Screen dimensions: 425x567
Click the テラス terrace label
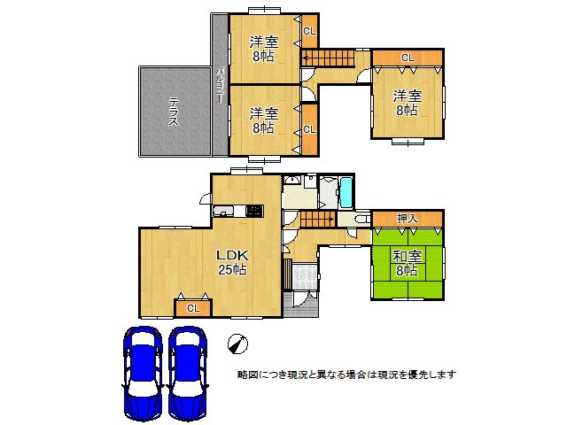(x=174, y=112)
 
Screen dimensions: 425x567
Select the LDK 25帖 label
(x=232, y=261)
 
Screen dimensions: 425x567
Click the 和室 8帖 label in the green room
(x=408, y=263)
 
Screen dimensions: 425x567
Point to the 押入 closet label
(x=407, y=218)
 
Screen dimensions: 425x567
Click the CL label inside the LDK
(x=193, y=308)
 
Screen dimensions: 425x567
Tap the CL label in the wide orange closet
(x=407, y=58)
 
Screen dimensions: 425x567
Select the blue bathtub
(x=346, y=191)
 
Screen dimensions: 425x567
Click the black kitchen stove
(x=254, y=211)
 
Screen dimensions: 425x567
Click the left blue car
(x=142, y=372)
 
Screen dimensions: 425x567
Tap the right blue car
(x=188, y=372)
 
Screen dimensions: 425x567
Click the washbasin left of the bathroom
(x=294, y=182)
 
